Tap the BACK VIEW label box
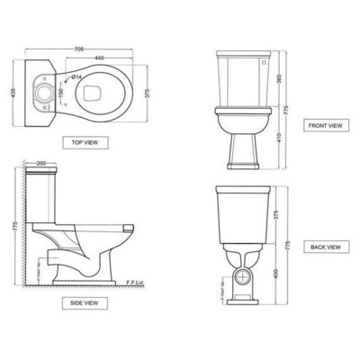coord(323,246)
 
